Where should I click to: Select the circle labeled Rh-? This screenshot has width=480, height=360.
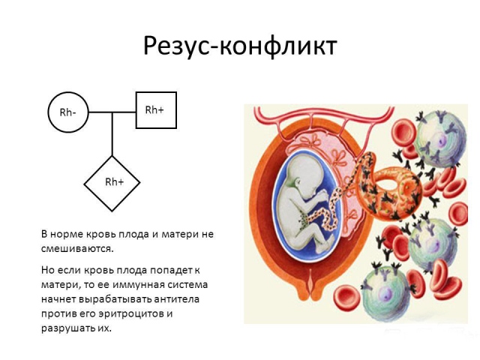[x=67, y=112]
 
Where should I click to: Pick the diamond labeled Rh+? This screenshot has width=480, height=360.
[x=112, y=182]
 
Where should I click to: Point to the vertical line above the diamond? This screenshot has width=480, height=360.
[x=112, y=135]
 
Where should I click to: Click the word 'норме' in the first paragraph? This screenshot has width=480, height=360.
[x=71, y=234]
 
